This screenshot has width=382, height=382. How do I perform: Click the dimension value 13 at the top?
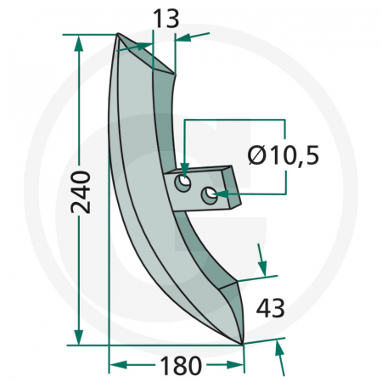(x=166, y=19)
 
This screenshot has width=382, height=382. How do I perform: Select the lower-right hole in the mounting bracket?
(x=208, y=195)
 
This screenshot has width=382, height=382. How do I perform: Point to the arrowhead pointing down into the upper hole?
(x=183, y=170)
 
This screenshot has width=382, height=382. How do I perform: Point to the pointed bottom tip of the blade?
(x=243, y=344)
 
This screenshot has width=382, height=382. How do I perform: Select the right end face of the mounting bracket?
(x=233, y=188)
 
